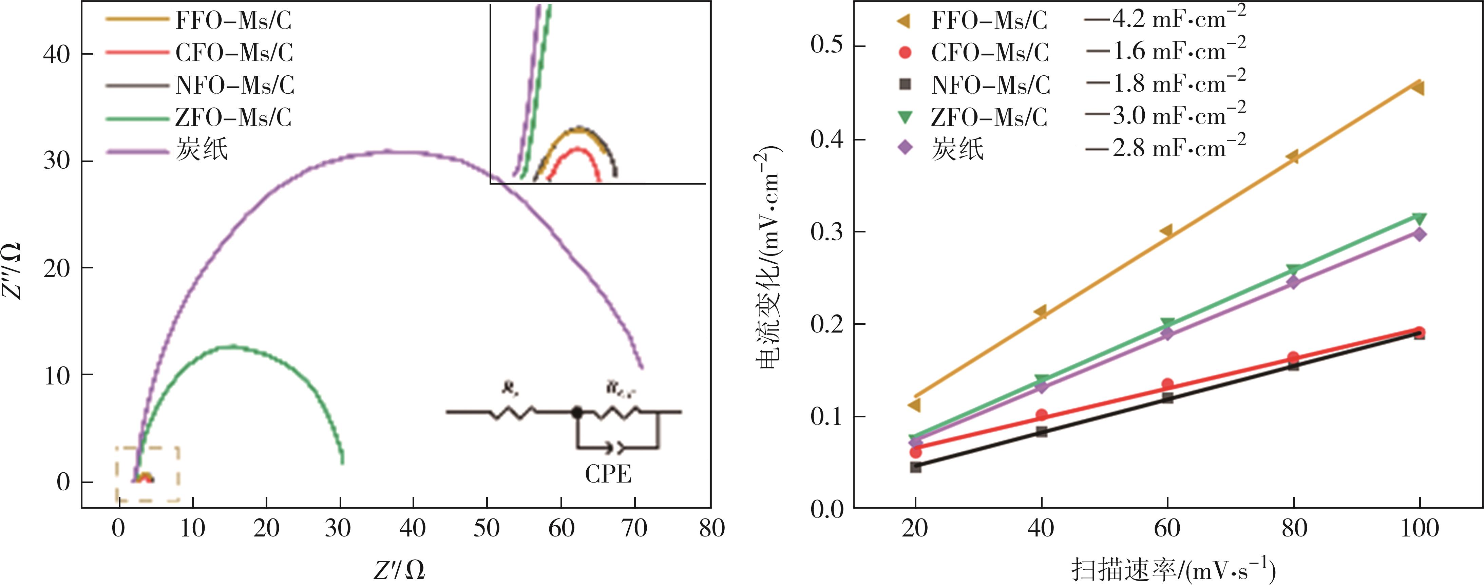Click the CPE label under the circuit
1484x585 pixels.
point(608,474)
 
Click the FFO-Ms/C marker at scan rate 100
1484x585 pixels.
point(1418,88)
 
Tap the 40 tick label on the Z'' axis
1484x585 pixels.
point(56,55)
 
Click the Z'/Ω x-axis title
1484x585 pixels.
point(399,569)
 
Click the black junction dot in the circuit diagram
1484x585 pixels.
point(576,412)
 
